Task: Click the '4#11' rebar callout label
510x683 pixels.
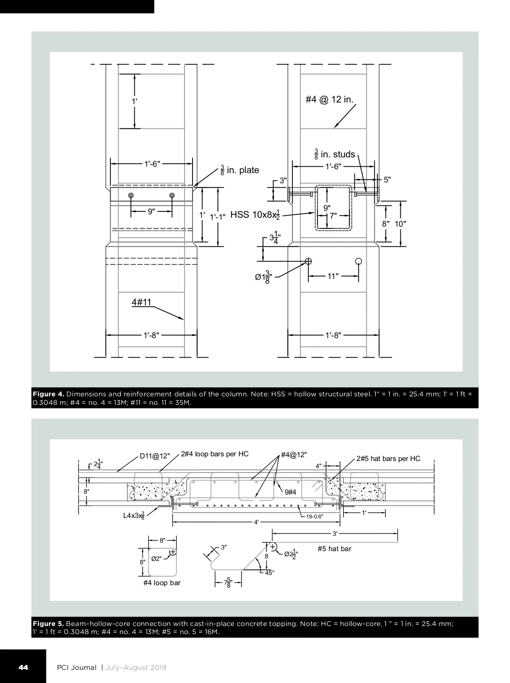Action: [141, 302]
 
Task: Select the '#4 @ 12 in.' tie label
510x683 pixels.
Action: [330, 99]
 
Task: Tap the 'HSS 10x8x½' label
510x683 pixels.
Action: [255, 215]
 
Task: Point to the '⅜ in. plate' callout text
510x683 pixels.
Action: [240, 170]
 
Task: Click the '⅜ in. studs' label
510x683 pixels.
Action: [334, 154]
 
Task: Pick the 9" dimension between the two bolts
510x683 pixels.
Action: [151, 212]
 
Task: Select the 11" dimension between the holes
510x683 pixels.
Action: [333, 276]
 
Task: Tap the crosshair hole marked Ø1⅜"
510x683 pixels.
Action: [308, 261]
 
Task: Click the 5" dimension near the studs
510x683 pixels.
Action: [387, 179]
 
